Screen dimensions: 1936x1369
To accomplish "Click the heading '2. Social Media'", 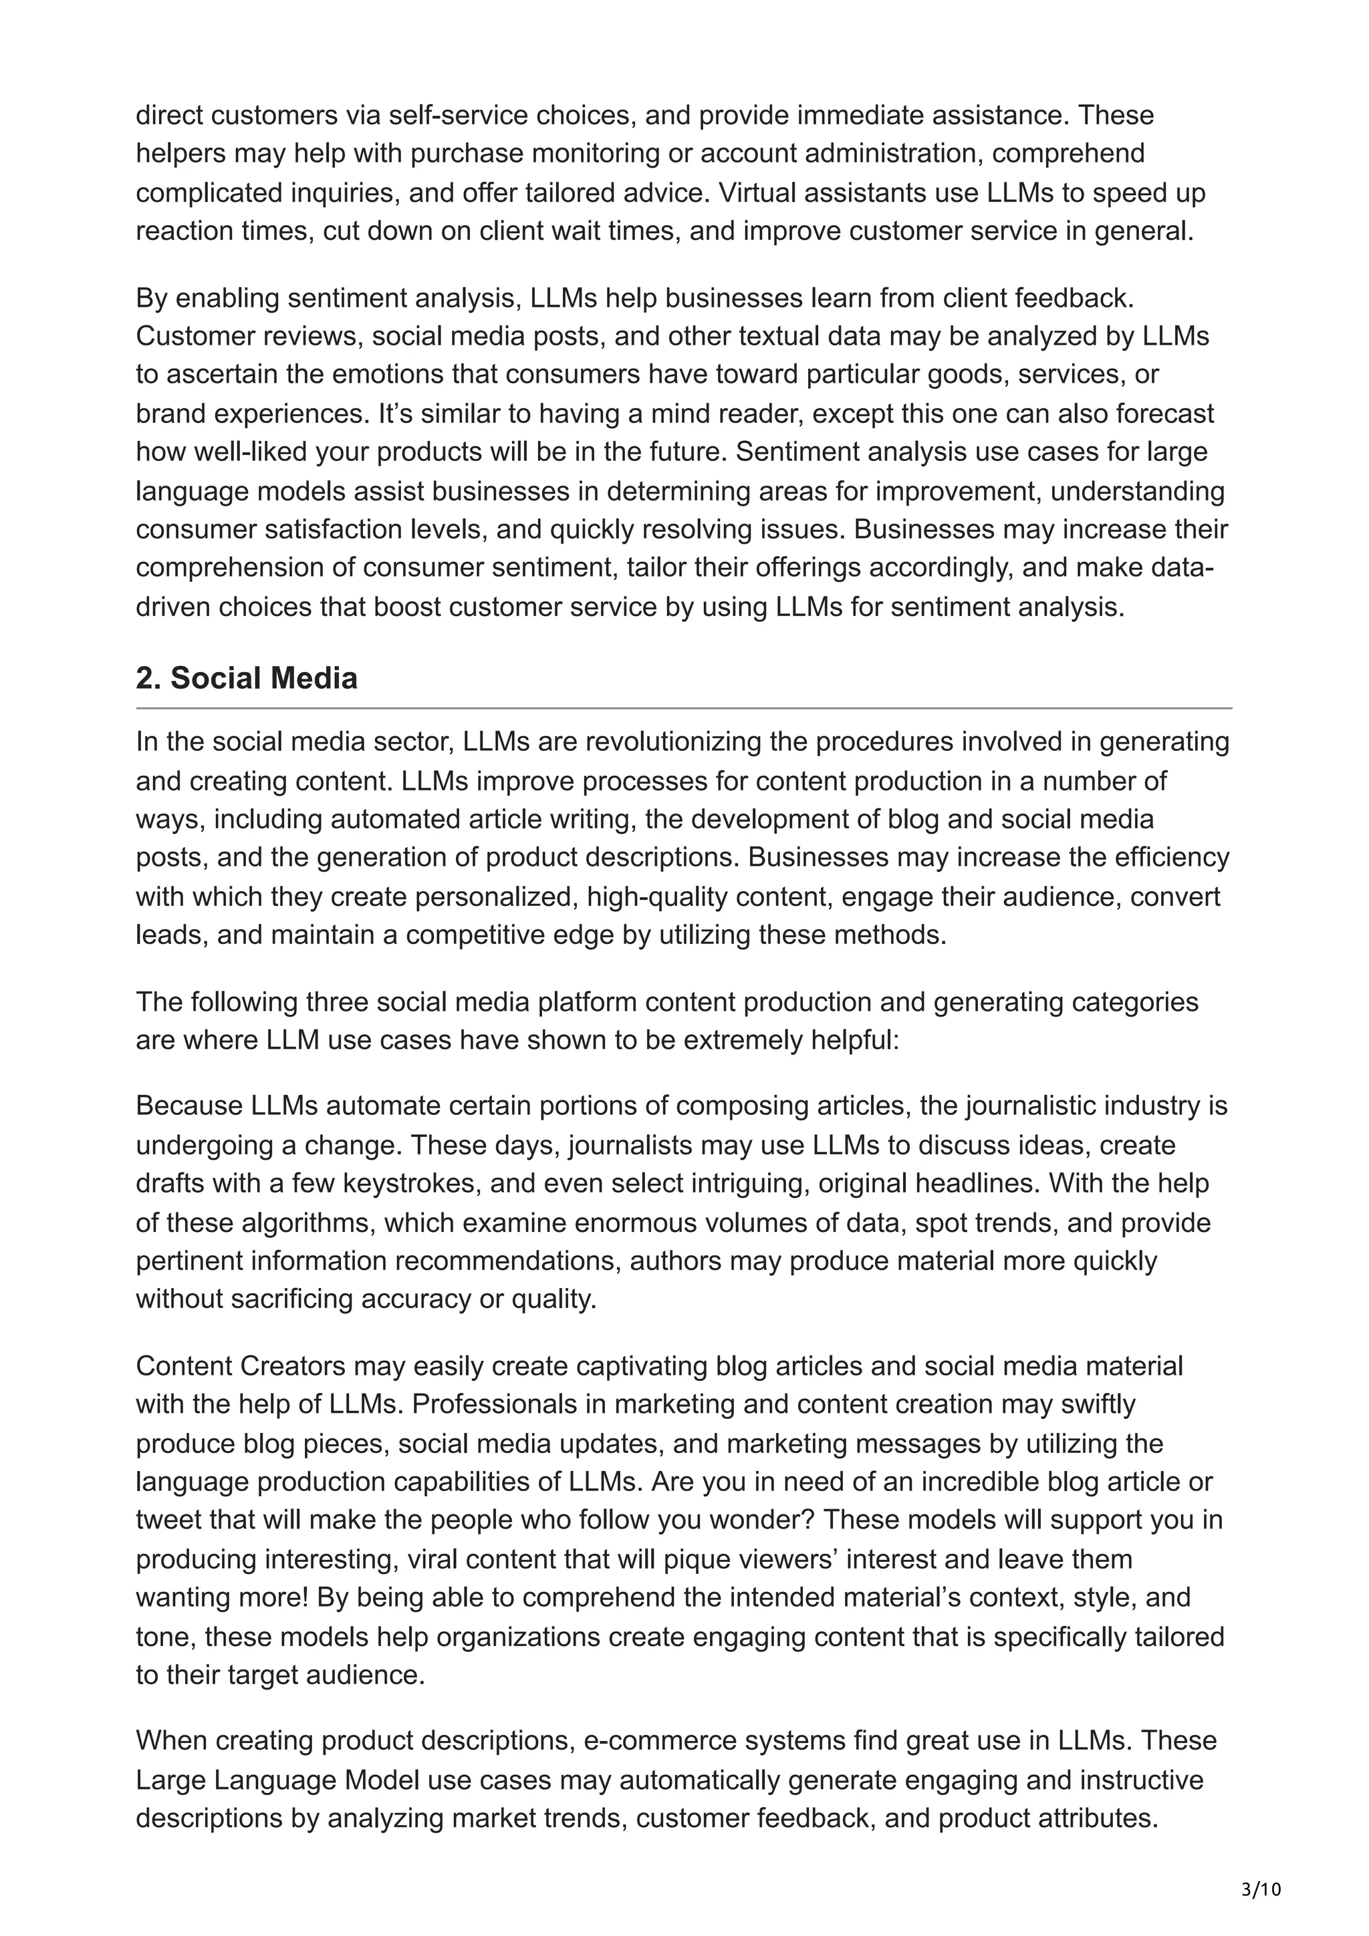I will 246,678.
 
